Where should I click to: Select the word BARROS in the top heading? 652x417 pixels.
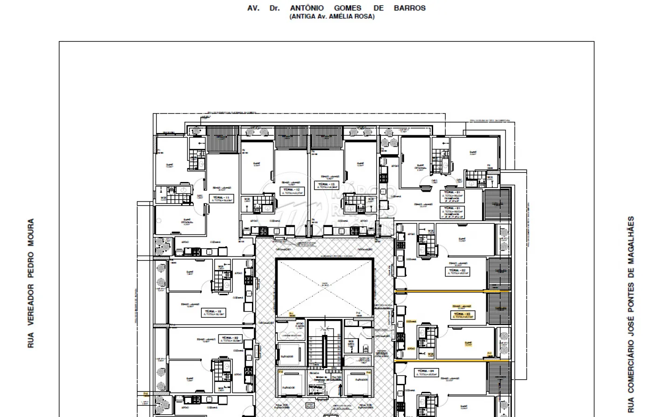coord(409,8)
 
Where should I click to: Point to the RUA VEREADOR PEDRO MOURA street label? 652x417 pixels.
coord(31,283)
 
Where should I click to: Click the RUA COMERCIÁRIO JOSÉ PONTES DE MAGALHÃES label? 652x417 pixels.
coord(631,314)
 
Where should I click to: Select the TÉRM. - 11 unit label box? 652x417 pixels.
coord(221,199)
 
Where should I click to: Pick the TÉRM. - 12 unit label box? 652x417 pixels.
coord(292,190)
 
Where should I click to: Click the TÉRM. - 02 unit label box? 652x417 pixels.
coord(458,271)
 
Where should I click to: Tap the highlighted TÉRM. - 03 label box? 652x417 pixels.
coord(463,315)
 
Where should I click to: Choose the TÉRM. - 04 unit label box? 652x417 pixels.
coord(426,372)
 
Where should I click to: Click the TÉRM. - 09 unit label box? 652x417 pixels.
coord(231,339)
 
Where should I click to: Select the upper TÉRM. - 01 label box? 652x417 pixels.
coord(452,194)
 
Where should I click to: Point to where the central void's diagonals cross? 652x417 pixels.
coord(325,287)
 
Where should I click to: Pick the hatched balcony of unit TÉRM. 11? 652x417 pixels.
coord(223,139)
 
